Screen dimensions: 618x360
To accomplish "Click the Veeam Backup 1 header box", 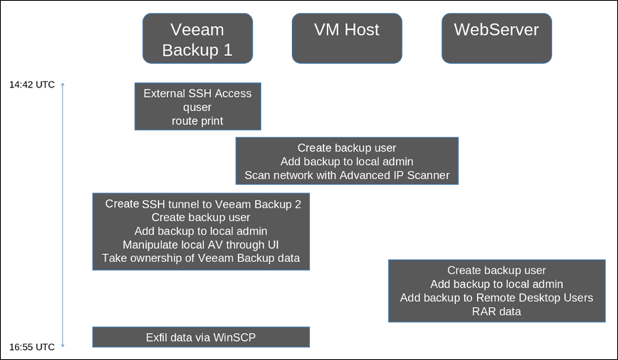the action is pos(198,38).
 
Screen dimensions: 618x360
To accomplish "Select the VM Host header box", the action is pos(347,38).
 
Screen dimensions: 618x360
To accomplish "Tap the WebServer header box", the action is pos(497,38).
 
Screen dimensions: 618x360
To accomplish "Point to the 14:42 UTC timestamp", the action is pos(32,85).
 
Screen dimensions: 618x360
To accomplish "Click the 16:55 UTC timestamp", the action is pos(32,347).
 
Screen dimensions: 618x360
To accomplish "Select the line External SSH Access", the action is pos(198,94).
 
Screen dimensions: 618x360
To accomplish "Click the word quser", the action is pos(198,107).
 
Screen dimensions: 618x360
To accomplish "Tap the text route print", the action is pos(198,120).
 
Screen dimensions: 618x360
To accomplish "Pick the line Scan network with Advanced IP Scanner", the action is pos(347,175).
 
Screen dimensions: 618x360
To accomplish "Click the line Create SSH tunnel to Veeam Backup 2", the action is pos(203,204).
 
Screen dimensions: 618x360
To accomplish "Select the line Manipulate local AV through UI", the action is pos(201,244).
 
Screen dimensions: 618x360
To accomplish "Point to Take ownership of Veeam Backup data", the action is pos(201,258).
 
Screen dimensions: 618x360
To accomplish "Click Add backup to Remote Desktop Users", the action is pos(497,298).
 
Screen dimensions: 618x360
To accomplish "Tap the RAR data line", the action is pos(497,311).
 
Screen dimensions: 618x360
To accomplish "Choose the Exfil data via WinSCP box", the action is pos(201,337).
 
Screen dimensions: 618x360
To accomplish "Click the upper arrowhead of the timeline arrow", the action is pos(62,84).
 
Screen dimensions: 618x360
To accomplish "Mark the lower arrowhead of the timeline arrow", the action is pos(62,346).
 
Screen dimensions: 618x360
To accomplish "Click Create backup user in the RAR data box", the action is pos(497,270).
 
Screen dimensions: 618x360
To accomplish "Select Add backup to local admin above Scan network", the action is pos(347,162).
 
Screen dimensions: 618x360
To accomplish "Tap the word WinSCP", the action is pos(235,337).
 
